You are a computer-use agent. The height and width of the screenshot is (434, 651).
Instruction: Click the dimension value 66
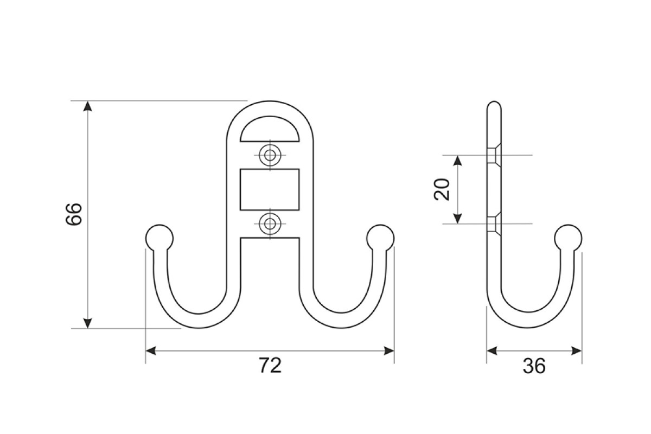tap(74, 214)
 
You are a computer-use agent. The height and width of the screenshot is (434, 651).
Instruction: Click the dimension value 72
tap(270, 366)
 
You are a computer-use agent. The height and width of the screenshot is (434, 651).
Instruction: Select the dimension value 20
tap(442, 189)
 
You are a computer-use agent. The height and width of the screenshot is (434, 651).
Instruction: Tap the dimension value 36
tap(534, 366)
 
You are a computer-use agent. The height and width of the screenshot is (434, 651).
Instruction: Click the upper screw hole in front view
tap(270, 155)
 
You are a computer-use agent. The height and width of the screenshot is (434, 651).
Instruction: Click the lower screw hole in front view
tap(270, 224)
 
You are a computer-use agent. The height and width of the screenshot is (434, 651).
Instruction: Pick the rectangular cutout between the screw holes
tap(270, 189)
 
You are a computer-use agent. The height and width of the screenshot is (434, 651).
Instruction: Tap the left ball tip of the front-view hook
tap(159, 238)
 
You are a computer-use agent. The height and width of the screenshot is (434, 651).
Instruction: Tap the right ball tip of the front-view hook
tap(380, 238)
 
